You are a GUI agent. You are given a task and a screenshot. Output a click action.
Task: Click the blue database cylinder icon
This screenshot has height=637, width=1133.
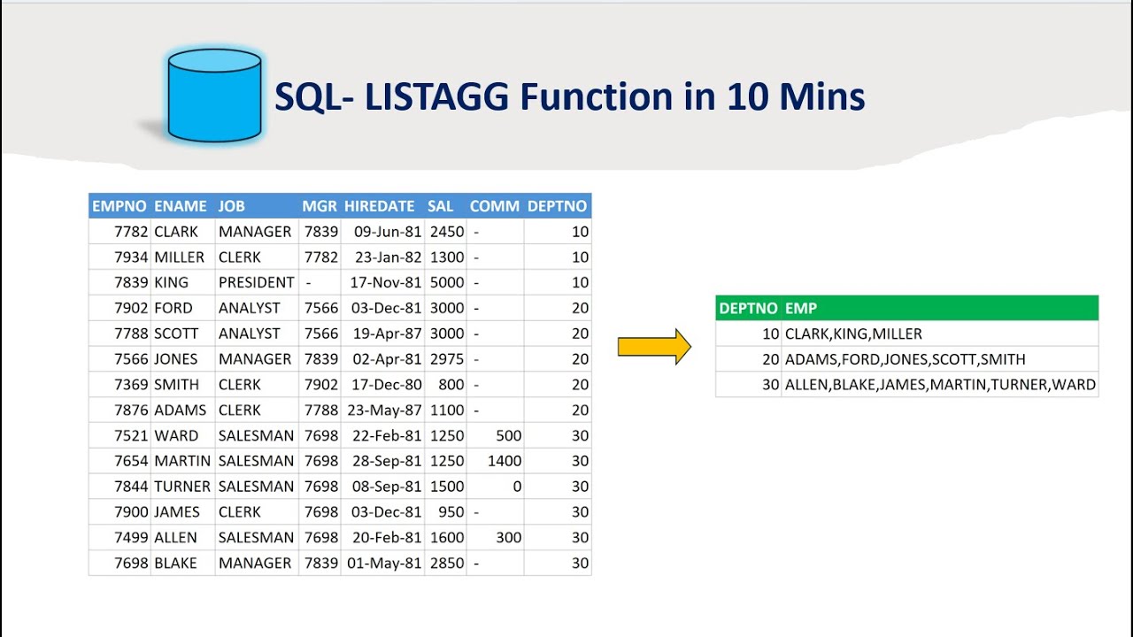point(214,96)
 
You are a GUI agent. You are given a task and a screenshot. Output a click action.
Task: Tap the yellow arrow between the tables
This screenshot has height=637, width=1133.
point(653,346)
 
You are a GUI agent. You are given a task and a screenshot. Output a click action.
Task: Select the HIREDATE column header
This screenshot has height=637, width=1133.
point(379,206)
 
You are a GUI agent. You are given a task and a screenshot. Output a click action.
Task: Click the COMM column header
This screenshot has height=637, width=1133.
point(494,206)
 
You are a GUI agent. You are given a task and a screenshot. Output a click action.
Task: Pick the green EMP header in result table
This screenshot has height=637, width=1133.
point(800,308)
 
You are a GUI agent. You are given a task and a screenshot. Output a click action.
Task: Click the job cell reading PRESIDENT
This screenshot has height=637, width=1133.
point(256,282)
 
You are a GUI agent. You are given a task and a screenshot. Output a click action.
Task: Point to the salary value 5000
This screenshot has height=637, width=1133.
point(446,282)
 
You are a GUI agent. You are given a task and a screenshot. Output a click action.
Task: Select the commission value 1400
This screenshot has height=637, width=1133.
point(505,461)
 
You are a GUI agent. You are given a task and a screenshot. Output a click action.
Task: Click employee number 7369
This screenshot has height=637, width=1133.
point(131,385)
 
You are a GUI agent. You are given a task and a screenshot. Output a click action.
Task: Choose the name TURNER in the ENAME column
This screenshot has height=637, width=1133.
point(181,487)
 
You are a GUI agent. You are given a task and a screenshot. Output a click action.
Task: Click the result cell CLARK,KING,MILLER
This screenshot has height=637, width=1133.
point(853,334)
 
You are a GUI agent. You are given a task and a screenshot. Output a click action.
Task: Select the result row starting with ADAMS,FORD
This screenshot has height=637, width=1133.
point(905,359)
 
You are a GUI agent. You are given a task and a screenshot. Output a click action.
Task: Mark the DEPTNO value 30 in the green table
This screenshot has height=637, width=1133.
point(770,385)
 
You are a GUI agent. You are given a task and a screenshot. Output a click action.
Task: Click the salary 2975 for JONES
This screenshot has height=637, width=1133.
point(446,359)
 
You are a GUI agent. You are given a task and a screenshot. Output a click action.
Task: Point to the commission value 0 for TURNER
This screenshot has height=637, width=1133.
point(516,487)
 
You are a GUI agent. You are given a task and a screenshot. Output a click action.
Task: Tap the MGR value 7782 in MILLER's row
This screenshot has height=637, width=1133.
point(320,257)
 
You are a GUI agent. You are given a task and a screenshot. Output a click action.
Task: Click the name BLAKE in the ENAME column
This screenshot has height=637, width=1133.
point(175,564)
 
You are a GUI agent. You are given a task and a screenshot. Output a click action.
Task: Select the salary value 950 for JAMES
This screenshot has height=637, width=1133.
point(451,512)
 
